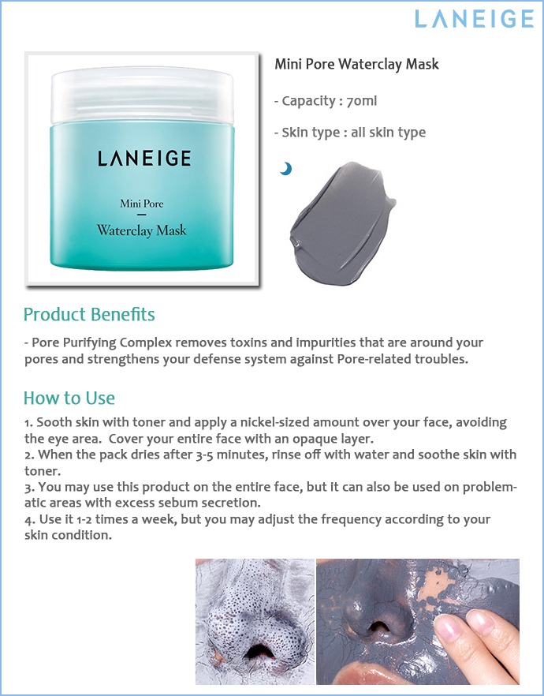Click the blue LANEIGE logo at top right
474,19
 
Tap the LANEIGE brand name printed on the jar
144,159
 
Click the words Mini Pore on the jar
141,204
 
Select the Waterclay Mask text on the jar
141,230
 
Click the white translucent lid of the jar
142,95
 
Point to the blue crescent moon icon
286,169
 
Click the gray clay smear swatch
341,218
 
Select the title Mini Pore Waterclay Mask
356,65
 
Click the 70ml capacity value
361,101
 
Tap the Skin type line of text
350,133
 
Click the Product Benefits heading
89,314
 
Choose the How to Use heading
69,399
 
